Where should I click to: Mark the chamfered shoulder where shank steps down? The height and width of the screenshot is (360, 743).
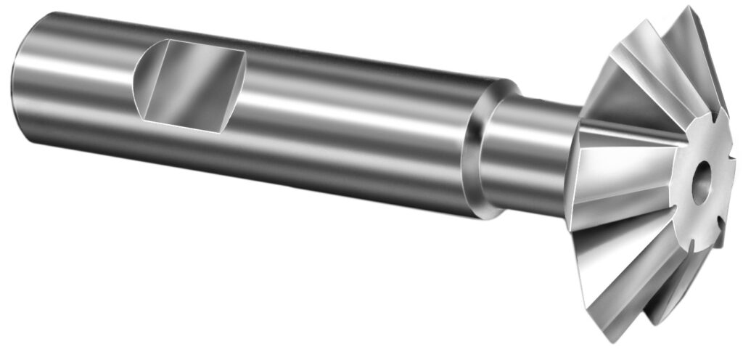click(475, 160)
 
